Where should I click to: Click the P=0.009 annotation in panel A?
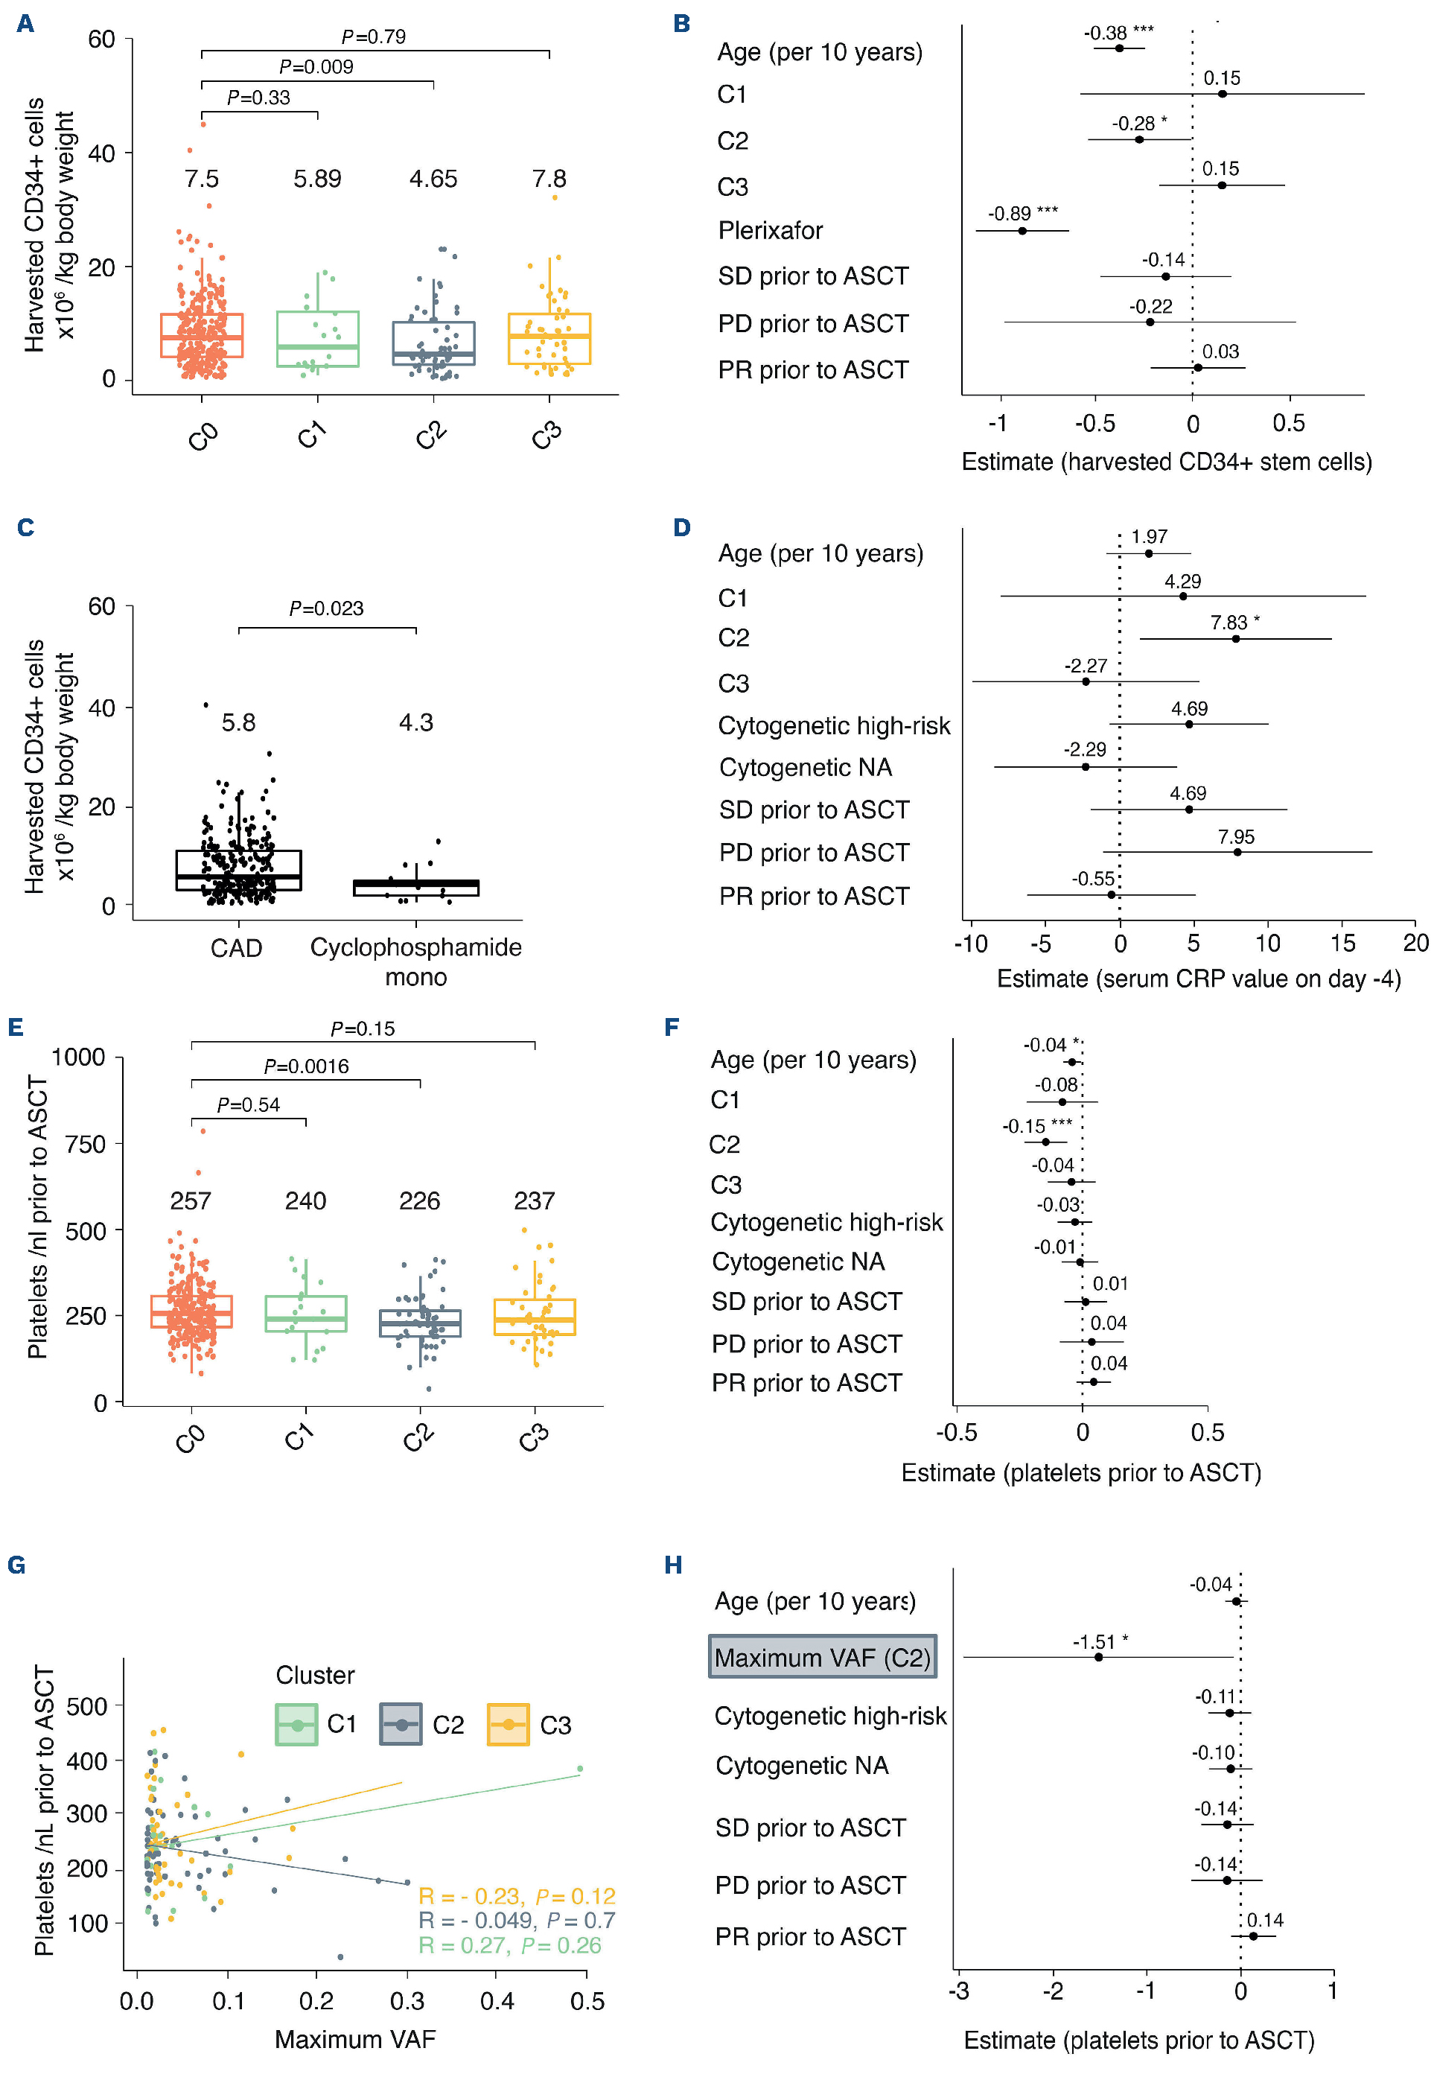coord(316,66)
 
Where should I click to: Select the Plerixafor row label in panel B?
coord(770,231)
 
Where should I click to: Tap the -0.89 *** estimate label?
coord(1022,214)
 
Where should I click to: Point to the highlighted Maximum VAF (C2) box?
coord(822,1658)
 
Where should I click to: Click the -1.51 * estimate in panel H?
coord(1100,1642)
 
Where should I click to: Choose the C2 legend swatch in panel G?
coord(401,1724)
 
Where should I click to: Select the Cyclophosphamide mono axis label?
coord(416,961)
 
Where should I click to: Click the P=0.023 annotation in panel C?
coord(326,608)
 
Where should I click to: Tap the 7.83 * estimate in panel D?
coord(1234,623)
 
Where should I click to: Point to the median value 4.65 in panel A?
coord(433,179)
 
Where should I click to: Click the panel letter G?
coord(16,1565)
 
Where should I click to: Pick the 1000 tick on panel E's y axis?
coord(78,1057)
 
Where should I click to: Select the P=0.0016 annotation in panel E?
coord(305,1066)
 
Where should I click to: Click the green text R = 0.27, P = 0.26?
coord(509,1945)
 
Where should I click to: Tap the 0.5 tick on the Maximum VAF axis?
coord(587,2001)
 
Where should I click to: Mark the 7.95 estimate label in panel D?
coord(1235,836)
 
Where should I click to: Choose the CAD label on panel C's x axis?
coord(236,948)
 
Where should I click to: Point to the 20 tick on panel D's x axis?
coord(1415,943)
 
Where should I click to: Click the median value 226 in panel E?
coord(420,1200)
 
